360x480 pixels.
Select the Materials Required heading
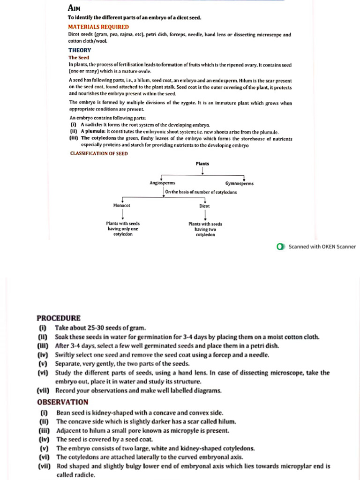coord(98,27)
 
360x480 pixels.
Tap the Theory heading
coord(80,50)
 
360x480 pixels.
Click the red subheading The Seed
coord(79,58)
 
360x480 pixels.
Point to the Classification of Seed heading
coord(99,153)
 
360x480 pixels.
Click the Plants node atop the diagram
coord(202,164)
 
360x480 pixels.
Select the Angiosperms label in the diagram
coord(162,183)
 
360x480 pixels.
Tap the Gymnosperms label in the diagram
coord(239,184)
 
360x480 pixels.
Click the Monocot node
coord(122,205)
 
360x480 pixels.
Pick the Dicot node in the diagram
coord(204,206)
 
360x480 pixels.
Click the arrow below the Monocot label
coord(123,214)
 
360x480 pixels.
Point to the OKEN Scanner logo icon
coord(280,247)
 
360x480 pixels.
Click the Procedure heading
coord(59,318)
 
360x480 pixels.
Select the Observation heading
coord(62,402)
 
